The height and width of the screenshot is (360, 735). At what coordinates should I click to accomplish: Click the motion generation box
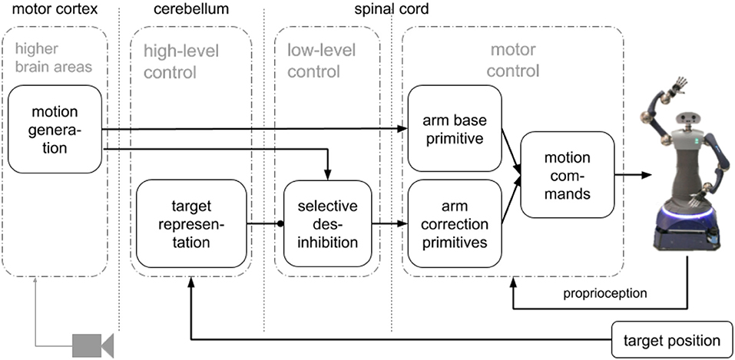pyautogui.click(x=55, y=128)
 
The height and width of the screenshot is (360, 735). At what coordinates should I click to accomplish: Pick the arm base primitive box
pyautogui.click(x=453, y=128)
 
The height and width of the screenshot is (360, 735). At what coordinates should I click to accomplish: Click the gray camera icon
pyautogui.click(x=93, y=343)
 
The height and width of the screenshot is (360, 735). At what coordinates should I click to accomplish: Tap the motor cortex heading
pyautogui.click(x=47, y=10)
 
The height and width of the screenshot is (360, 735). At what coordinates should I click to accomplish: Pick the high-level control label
pyautogui.click(x=181, y=61)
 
